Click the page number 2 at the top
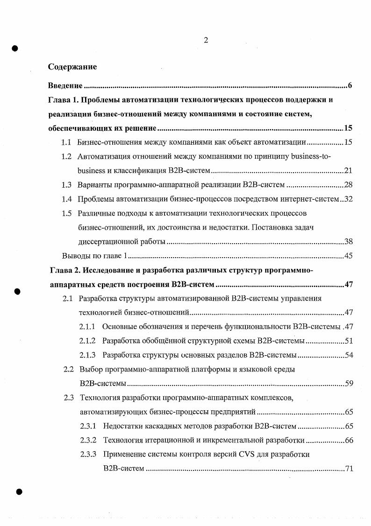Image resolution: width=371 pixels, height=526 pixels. (206, 40)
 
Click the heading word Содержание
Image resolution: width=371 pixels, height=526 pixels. (72, 67)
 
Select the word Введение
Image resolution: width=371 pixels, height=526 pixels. (65, 86)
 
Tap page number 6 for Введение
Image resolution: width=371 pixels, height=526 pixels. (350, 86)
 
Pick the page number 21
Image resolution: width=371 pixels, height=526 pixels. (348, 171)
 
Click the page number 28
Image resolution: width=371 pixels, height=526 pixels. (348, 185)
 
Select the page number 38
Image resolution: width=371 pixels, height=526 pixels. (348, 241)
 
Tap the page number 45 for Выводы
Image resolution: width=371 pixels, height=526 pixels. (348, 255)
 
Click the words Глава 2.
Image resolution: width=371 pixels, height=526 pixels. (65, 270)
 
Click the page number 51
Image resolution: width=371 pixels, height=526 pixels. (348, 341)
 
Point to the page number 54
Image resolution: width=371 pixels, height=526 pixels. (348, 355)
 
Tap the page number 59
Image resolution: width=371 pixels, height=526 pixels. (348, 384)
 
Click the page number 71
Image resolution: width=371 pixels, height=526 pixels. (348, 468)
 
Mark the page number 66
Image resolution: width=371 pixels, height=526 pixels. (348, 440)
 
